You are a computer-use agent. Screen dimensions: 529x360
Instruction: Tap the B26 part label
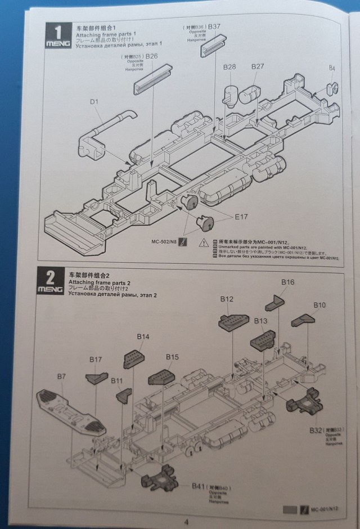point(151,57)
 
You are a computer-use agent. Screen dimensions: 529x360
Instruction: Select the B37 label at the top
point(214,26)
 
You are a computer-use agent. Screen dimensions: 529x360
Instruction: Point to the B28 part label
point(229,67)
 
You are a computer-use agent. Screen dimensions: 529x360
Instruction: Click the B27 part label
point(258,66)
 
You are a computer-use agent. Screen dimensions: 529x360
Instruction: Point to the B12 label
point(227,299)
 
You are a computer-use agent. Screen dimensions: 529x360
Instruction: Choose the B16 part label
point(287,281)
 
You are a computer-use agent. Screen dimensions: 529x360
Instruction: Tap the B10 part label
point(319,305)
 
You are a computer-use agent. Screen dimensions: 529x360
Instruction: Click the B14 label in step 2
point(143,337)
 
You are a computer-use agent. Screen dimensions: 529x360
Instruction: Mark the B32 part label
point(316,430)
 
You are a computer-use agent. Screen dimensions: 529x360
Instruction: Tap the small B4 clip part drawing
point(332,87)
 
